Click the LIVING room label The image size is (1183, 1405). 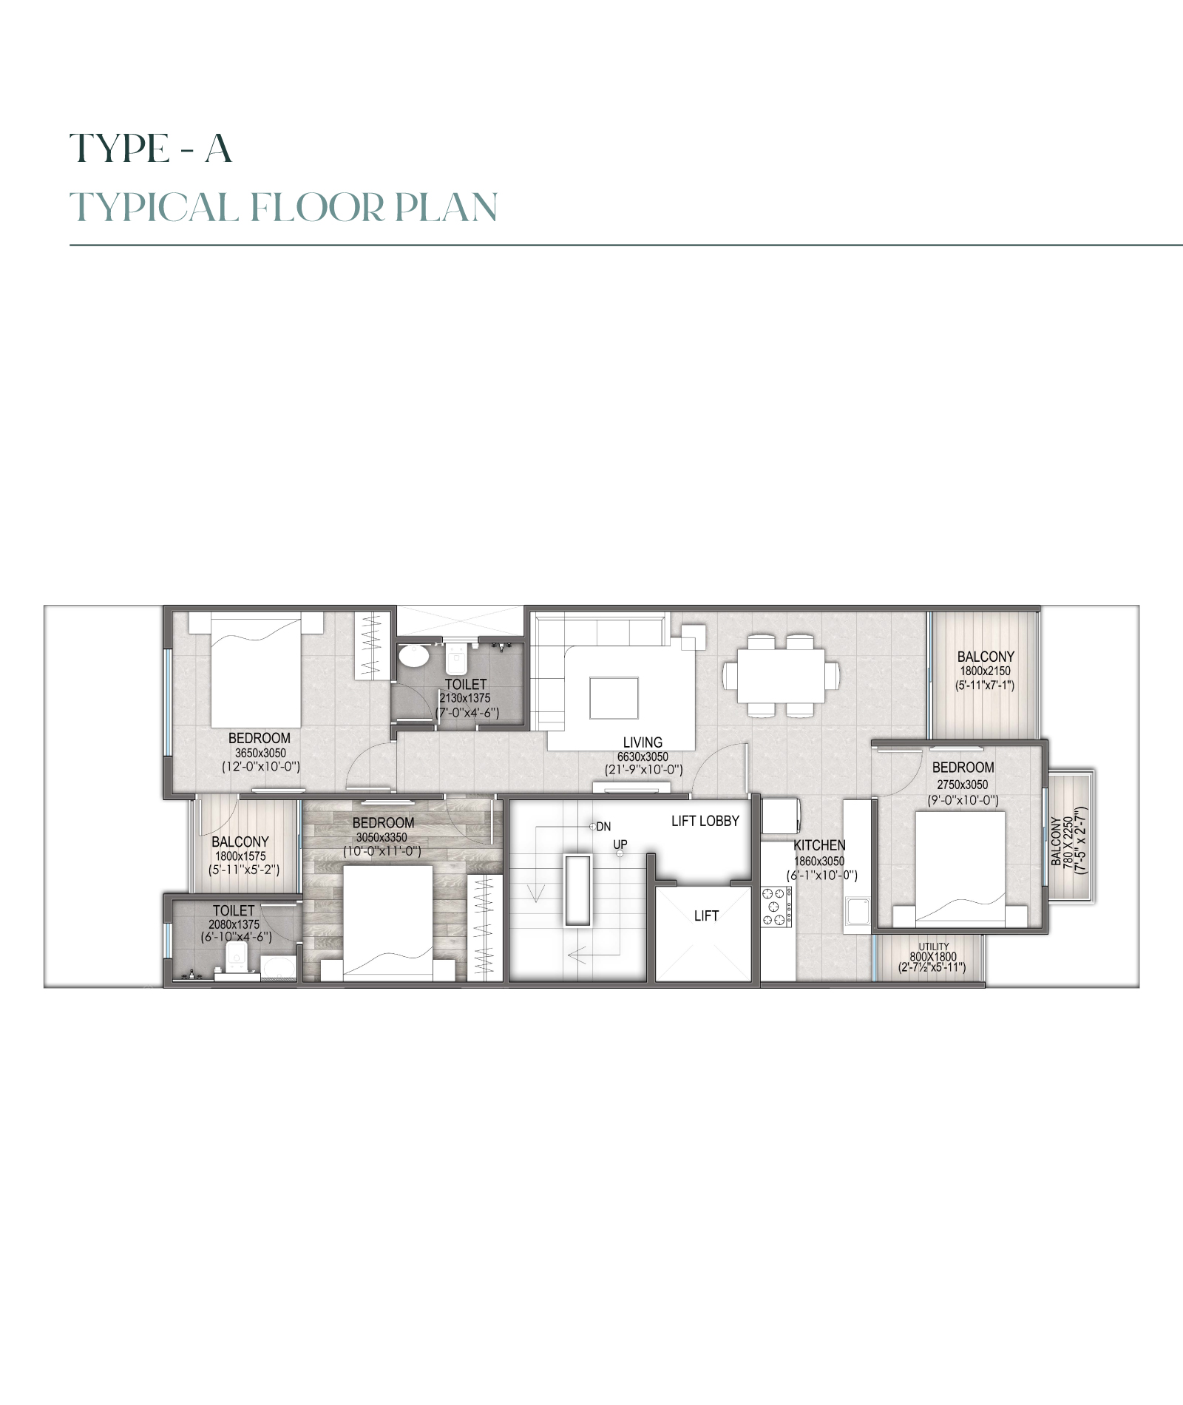pos(643,742)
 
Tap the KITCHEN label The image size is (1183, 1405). pos(819,845)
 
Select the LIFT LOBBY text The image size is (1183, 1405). pos(705,821)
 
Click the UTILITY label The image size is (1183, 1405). pos(934,947)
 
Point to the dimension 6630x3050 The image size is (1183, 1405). pos(643,757)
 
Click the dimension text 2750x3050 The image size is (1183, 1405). pos(963,785)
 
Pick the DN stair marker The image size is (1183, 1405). pos(603,827)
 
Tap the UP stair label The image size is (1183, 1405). pos(620,844)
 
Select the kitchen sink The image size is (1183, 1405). pos(858,912)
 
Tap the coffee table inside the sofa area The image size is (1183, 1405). pos(614,698)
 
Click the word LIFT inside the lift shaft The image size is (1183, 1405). pos(706,915)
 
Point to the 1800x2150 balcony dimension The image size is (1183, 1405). pos(985,671)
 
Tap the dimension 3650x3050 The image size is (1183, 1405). pos(260,753)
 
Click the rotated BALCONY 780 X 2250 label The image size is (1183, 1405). pos(1069,841)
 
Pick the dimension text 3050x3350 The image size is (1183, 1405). pos(382,837)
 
